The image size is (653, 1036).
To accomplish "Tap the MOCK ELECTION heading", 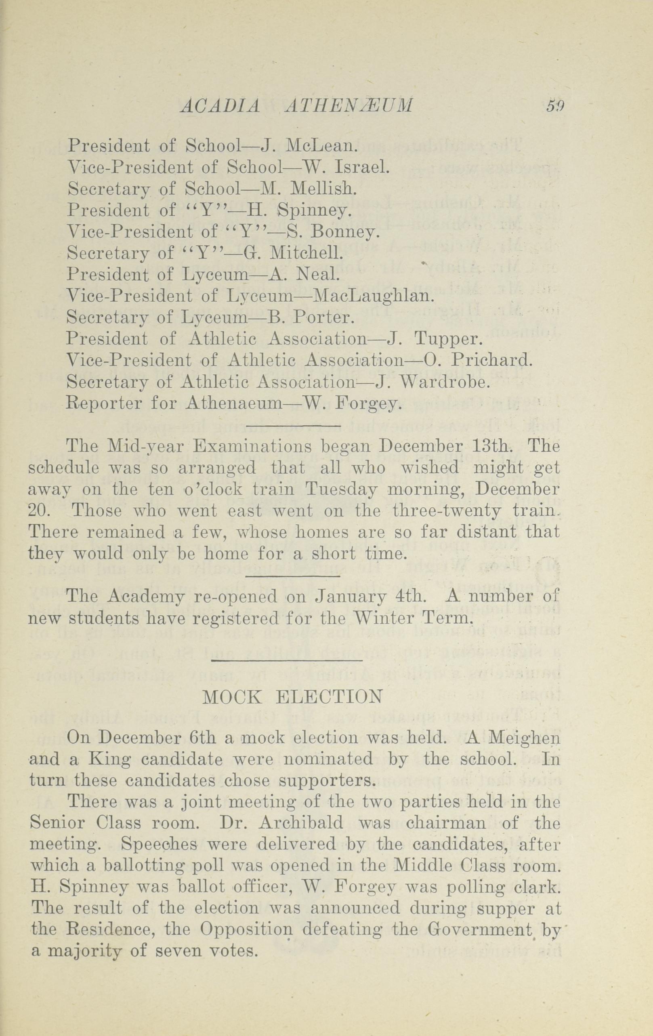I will click(x=292, y=696).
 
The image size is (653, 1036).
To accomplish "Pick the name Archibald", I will click(x=302, y=823).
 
